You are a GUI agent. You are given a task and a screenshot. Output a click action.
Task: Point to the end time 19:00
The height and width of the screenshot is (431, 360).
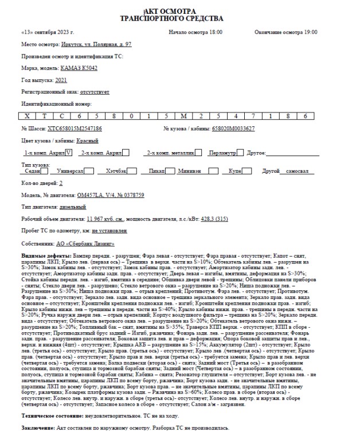[x=310, y=32]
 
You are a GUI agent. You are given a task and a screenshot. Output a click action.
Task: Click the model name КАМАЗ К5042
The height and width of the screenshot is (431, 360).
[x=77, y=68]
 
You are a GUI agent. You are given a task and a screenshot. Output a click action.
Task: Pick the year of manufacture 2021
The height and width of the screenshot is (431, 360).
[x=62, y=80]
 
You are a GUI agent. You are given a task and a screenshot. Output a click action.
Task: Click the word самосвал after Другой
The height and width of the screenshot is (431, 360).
[x=298, y=171]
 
